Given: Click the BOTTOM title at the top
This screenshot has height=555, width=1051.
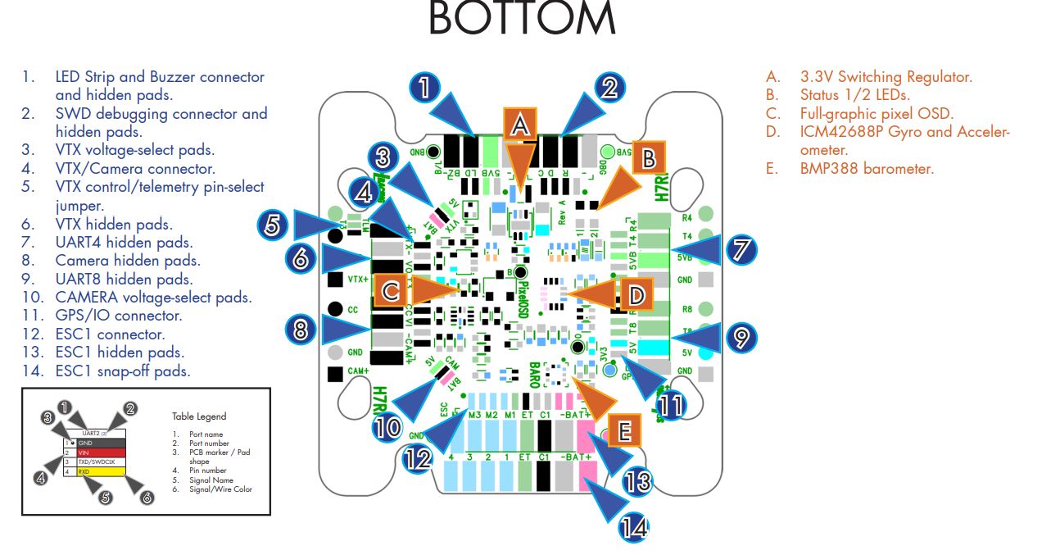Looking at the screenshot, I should coord(521,20).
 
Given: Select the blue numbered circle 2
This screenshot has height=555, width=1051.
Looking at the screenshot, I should coord(608,87).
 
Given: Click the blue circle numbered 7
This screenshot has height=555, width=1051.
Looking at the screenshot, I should coord(741,248).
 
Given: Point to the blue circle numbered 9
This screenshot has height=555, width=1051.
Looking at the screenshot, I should coord(741,335).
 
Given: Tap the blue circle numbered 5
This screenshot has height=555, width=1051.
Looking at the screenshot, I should coord(274,225).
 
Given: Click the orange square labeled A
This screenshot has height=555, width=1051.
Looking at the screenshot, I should coord(519,124).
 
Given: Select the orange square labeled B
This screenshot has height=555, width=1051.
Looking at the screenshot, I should coord(648,159).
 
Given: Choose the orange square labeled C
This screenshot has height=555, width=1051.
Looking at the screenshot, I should coord(391,290).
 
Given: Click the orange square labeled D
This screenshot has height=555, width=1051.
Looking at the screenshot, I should coord(636,293).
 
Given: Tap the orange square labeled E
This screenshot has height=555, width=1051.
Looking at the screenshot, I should coord(623,429).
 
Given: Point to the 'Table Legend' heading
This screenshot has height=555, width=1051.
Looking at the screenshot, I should coord(199,416).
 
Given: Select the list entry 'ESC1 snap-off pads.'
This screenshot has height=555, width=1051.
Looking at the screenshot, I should coord(123,371).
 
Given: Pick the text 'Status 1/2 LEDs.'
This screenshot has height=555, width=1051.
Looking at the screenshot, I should coord(854,95).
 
